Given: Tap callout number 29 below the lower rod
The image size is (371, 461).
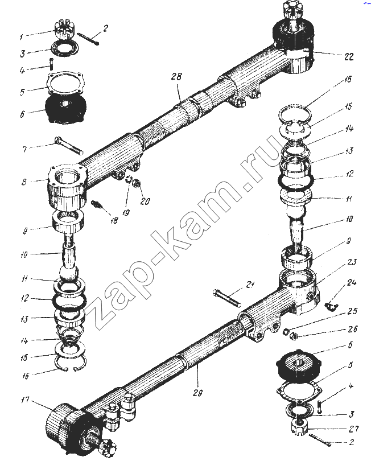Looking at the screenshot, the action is click(x=197, y=393).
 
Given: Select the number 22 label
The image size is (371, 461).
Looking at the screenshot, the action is click(x=348, y=56).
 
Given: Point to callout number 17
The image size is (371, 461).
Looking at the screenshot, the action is click(x=25, y=400).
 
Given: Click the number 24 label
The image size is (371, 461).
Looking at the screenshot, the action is click(x=351, y=282).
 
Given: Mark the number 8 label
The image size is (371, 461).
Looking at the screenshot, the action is click(x=24, y=182).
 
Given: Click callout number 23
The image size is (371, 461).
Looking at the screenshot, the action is click(x=352, y=262).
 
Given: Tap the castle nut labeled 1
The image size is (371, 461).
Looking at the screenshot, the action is click(x=65, y=30).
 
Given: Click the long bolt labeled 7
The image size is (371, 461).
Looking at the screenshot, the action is click(x=68, y=145).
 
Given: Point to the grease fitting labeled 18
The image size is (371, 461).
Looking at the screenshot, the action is click(x=97, y=204).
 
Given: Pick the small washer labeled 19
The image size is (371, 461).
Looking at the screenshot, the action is click(x=129, y=179).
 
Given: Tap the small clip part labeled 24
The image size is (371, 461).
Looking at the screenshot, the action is click(x=331, y=306).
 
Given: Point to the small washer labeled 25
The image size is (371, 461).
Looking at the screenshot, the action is click(x=285, y=332).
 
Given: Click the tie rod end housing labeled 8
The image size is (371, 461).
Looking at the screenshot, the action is click(x=67, y=187).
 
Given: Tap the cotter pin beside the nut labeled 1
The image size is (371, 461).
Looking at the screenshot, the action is click(x=88, y=39).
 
